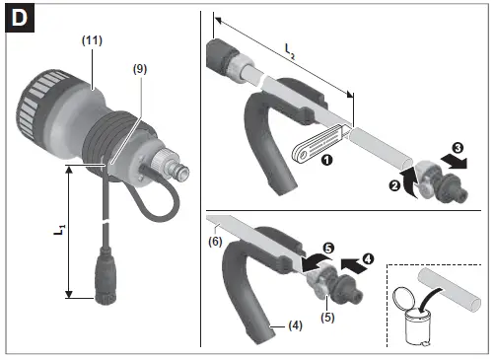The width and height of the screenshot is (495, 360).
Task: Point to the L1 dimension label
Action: [55, 229]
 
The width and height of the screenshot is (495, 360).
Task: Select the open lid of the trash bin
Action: [402, 299]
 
